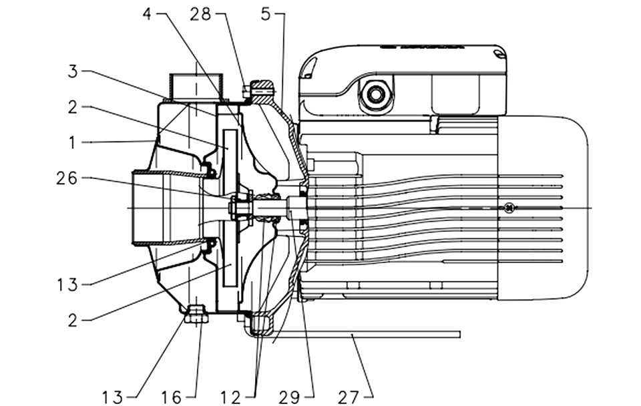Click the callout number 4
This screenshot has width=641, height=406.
tap(147, 14)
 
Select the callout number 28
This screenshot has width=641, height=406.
tap(200, 14)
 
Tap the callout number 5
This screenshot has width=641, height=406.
tap(266, 14)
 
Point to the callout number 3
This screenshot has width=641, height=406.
tap(72, 71)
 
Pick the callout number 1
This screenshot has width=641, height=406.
tap(72, 143)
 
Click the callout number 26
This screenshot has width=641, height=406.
tap(67, 178)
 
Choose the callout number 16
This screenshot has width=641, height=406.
tap(171, 397)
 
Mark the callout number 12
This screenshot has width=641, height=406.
tap(230, 397)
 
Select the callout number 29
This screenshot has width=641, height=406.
tap(289, 397)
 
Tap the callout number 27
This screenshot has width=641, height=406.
tap(349, 397)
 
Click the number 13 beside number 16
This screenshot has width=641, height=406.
tap(112, 397)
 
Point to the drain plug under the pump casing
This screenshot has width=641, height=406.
tap(196, 315)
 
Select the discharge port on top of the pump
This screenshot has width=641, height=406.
tap(196, 87)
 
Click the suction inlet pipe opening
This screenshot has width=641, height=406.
tap(147, 208)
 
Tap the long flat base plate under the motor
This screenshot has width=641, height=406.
tap(360, 335)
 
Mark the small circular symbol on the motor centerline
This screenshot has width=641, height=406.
tap(509, 208)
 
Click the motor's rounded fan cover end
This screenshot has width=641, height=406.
tap(544, 208)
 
